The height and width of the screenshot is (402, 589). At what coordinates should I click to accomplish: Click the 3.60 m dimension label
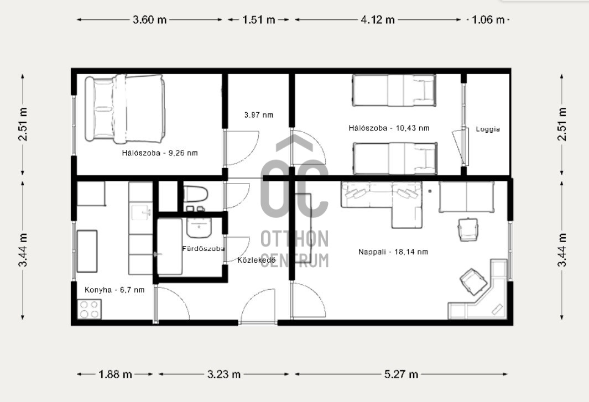tap(149, 19)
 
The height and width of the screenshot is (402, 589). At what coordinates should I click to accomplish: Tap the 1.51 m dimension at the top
tap(259, 19)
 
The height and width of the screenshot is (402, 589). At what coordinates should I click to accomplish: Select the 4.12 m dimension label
tap(378, 19)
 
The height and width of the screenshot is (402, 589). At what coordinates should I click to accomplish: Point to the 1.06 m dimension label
tap(488, 19)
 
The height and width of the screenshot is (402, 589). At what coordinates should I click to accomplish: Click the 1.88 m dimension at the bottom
tap(116, 374)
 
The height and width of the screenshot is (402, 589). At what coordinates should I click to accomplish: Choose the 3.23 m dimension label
tap(224, 374)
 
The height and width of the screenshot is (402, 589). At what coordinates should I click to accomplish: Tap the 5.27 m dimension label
tap(401, 374)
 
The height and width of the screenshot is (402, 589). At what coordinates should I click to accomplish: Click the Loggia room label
tap(488, 129)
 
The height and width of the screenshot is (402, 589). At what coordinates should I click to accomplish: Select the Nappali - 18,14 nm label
tap(393, 252)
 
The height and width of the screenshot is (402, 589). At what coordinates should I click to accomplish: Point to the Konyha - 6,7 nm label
tap(114, 290)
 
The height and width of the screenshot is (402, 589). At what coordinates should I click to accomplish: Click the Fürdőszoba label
tap(203, 248)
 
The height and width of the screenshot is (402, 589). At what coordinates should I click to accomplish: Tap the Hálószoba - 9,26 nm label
tap(160, 153)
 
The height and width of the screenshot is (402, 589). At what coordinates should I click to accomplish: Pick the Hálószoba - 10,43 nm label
tap(389, 128)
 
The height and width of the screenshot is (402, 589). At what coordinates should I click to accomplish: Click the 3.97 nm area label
tap(259, 115)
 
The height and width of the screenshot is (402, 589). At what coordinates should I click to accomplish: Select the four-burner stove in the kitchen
tap(90, 309)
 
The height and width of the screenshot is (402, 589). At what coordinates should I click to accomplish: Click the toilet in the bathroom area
tap(195, 194)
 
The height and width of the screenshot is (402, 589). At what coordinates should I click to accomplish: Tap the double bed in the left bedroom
tap(125, 109)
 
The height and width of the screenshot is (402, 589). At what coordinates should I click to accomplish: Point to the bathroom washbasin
tap(199, 227)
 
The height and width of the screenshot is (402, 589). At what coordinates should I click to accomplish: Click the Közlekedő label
tap(257, 260)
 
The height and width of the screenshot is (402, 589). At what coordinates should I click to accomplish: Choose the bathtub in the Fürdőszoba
tap(170, 247)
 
